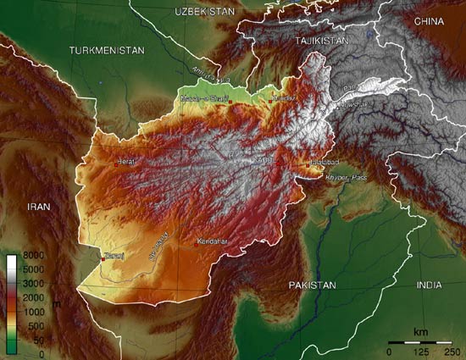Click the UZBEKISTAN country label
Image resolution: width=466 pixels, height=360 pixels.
coord(203,11)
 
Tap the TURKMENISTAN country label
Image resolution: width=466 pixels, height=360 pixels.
coord(108,50)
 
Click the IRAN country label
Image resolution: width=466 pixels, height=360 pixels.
coord(40,206)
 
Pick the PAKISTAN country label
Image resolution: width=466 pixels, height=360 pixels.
coord(312,285)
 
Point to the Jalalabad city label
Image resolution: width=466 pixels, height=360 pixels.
coord(325,161)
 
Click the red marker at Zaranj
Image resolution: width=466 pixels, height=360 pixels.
coord(103,259)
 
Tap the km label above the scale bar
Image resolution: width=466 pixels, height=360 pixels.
coord(419,330)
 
